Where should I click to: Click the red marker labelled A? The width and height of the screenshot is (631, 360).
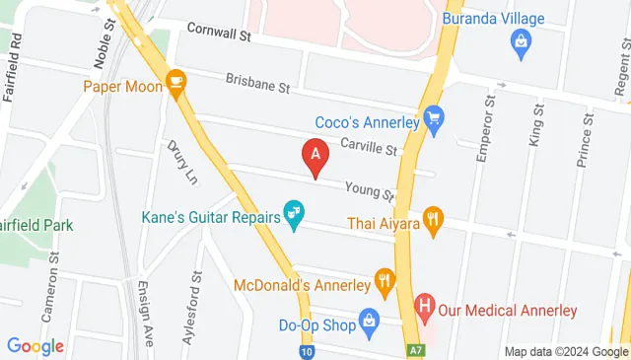(x=315, y=156)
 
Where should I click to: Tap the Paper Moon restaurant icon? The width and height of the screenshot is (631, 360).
(x=177, y=84)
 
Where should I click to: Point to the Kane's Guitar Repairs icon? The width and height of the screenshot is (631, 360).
(x=294, y=212)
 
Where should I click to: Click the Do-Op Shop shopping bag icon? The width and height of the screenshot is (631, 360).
(x=370, y=320)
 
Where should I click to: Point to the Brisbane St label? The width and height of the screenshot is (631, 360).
(x=256, y=84)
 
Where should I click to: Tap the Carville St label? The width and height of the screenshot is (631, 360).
(x=367, y=147)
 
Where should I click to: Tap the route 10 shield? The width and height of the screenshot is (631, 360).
(x=308, y=351)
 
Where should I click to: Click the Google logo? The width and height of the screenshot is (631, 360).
(x=35, y=346)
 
